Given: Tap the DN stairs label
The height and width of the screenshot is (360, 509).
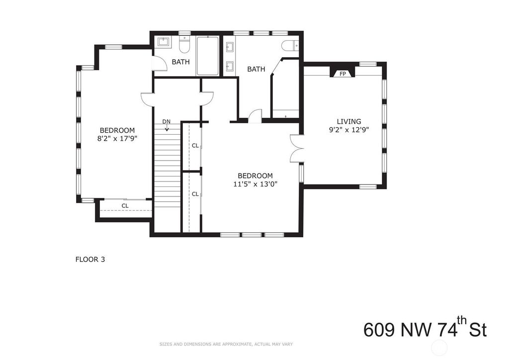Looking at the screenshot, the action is click(x=166, y=121).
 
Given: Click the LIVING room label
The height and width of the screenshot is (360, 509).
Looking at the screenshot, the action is click(x=349, y=121).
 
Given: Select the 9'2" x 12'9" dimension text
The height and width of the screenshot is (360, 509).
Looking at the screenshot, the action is click(x=349, y=130).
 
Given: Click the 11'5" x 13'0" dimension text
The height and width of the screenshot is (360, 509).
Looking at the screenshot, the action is click(x=255, y=184).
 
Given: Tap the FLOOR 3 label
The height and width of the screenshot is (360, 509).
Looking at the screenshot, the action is click(x=90, y=260).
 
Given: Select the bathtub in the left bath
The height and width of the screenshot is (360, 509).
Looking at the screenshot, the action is click(x=208, y=56).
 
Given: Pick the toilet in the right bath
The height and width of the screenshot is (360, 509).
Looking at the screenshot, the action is click(x=290, y=45).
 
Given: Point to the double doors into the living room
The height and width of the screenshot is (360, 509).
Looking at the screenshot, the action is click(x=296, y=148).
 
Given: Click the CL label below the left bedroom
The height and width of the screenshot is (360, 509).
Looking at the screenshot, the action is click(x=125, y=206).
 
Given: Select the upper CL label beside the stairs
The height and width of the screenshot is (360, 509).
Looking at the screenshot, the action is click(x=195, y=146).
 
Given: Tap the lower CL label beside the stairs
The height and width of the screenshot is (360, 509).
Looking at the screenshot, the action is click(x=195, y=194).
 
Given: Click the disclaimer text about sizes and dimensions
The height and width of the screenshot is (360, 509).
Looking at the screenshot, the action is click(x=226, y=344).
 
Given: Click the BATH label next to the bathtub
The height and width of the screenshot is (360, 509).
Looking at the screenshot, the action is click(x=181, y=62).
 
